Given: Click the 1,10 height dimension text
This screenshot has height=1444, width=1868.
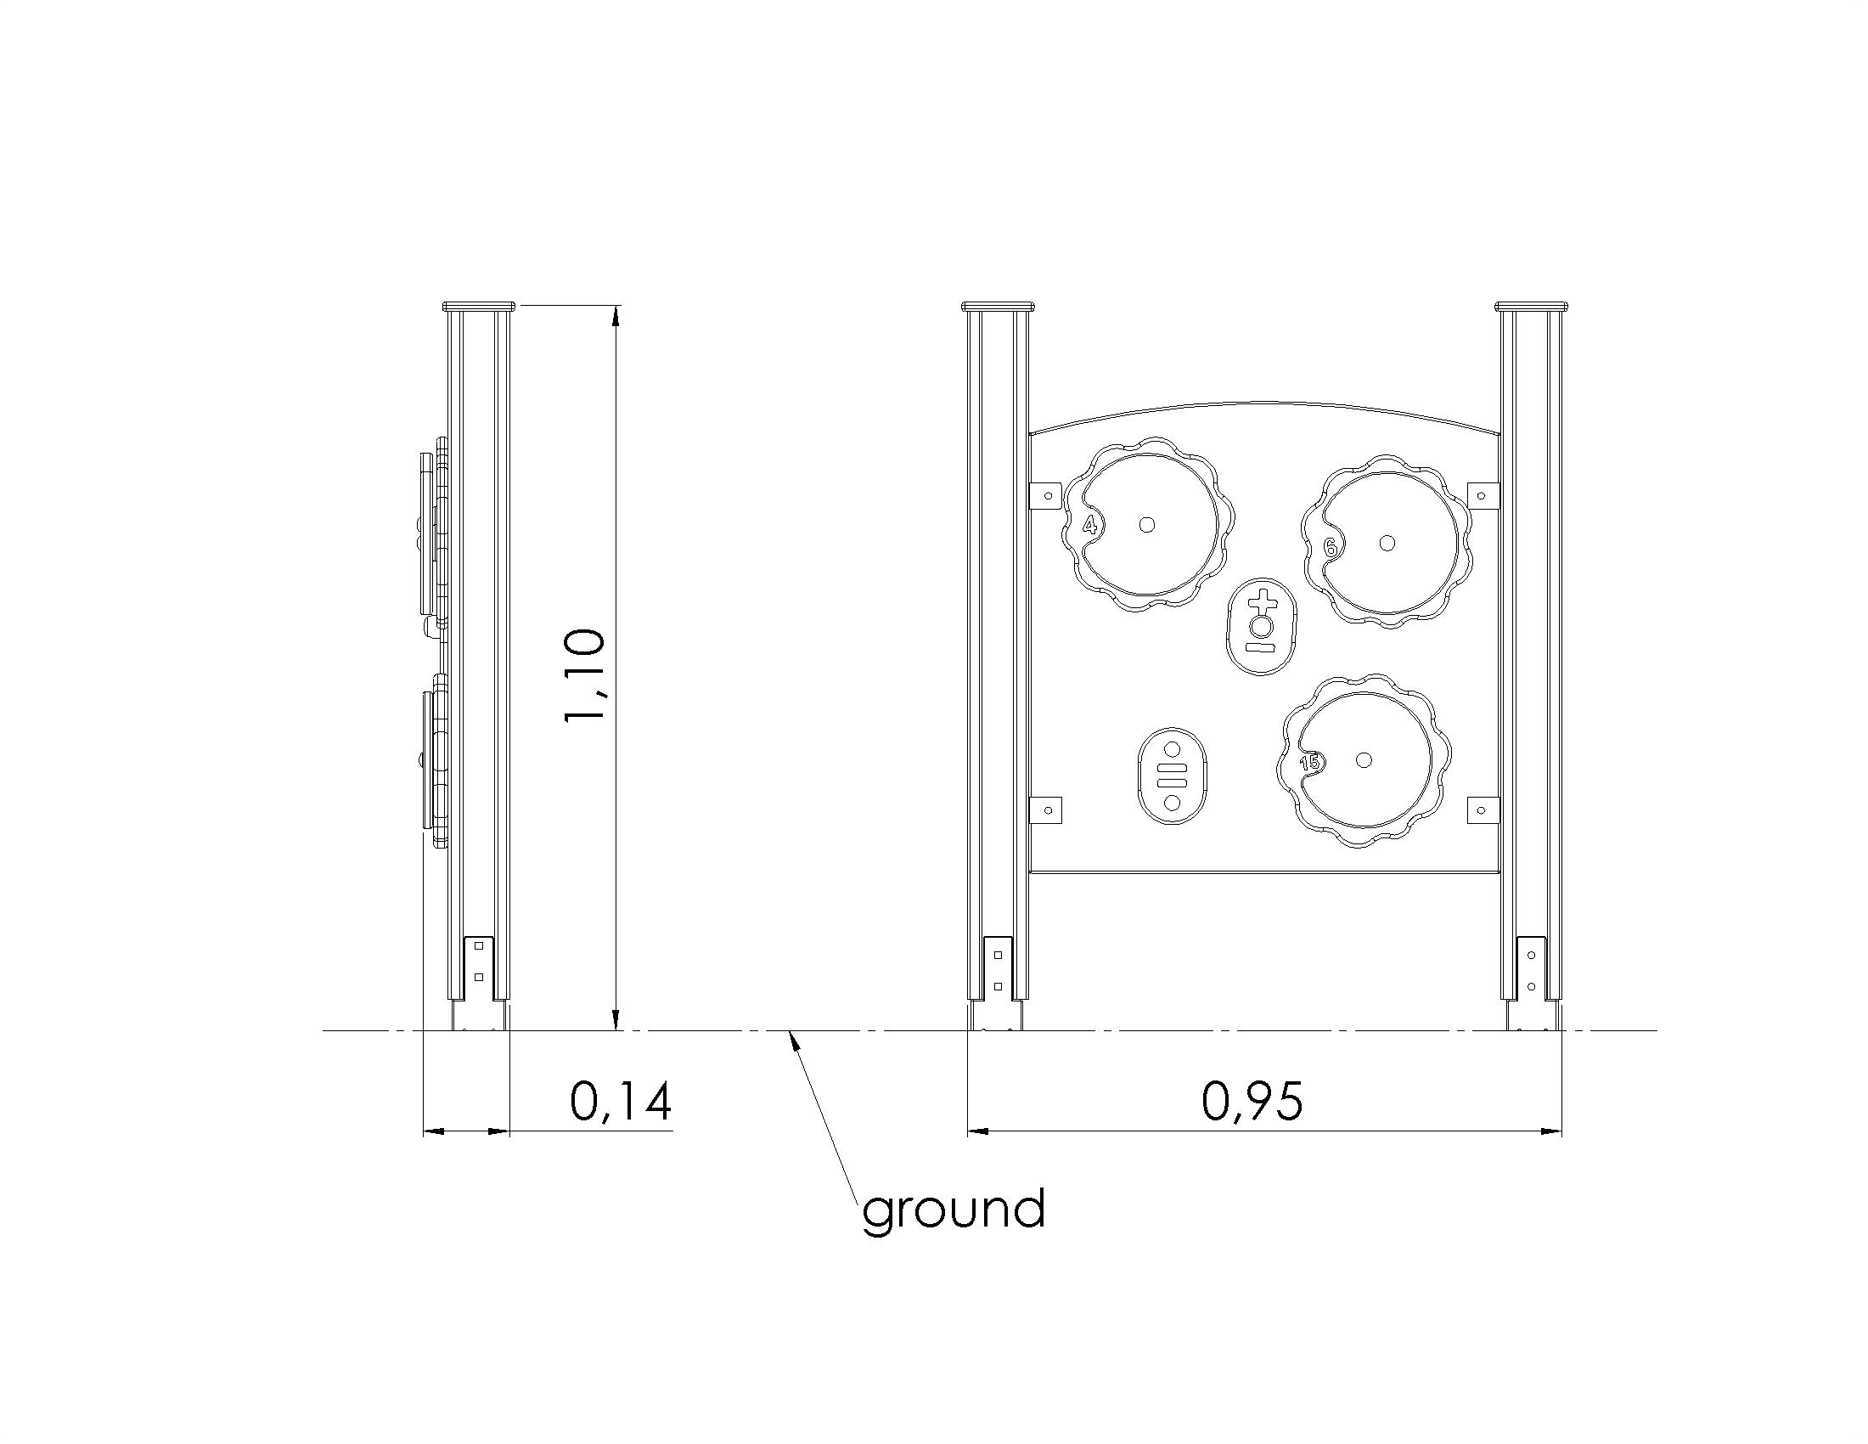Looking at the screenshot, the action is (585, 676).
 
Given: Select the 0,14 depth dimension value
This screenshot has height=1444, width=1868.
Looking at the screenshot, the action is (621, 1101).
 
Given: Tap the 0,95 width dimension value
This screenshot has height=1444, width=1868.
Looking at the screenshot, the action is (1253, 1101).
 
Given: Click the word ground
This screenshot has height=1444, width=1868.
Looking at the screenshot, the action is (954, 1210).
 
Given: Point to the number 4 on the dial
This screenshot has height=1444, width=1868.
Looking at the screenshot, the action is (1089, 525).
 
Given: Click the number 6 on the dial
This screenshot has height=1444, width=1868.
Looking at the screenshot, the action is (1330, 548).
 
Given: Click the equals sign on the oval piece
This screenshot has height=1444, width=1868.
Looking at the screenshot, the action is (1172, 776).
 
